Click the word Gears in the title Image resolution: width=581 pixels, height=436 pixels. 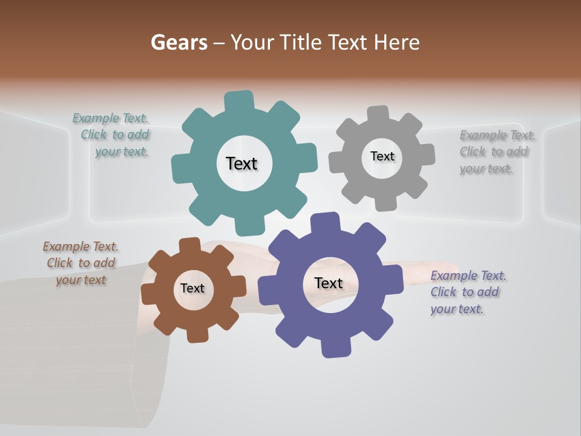pyautogui.click(x=179, y=42)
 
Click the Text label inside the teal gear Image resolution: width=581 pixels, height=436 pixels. pyautogui.click(x=241, y=163)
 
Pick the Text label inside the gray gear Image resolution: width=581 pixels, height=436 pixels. pyautogui.click(x=382, y=156)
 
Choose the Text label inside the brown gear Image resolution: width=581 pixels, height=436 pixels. pyautogui.click(x=192, y=288)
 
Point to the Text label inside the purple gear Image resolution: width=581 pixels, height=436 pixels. pyautogui.click(x=329, y=283)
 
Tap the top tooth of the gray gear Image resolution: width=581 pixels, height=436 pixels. pyautogui.click(x=378, y=114)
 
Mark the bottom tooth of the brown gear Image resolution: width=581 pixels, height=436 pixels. pyautogui.click(x=197, y=334)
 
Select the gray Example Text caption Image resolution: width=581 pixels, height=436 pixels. pyautogui.click(x=496, y=151)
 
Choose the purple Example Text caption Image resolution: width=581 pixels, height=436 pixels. pyautogui.click(x=467, y=292)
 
